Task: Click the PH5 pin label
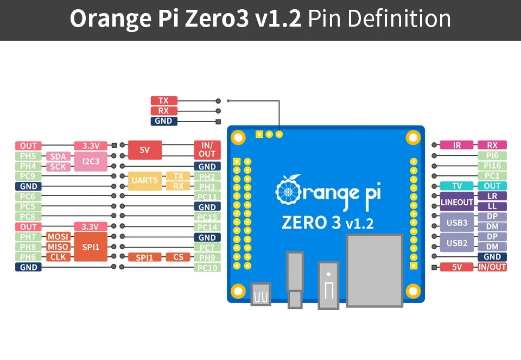tap(28, 156)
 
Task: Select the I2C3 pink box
tap(91, 161)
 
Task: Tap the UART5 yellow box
tap(144, 181)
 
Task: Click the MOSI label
tap(58, 237)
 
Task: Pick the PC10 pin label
tap(207, 268)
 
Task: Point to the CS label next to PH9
tap(178, 257)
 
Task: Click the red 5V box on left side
tap(144, 150)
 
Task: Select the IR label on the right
tap(457, 145)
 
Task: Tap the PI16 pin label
tap(492, 166)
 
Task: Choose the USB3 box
tap(457, 222)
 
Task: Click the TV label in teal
tap(457, 186)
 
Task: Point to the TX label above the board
tap(163, 100)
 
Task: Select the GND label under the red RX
tap(163, 121)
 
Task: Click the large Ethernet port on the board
tap(374, 270)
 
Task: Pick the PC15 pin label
tap(207, 217)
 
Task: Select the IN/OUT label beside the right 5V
tap(492, 267)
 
